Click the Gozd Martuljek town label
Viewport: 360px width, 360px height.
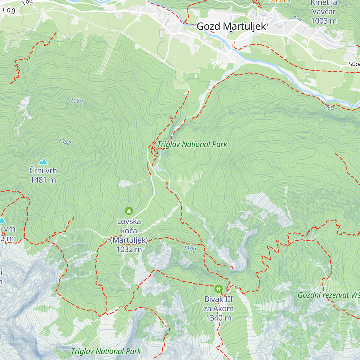coord(231,26)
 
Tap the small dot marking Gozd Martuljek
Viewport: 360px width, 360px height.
coord(231,32)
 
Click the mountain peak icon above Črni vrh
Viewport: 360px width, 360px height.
coord(43,162)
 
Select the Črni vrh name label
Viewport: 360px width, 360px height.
coord(43,171)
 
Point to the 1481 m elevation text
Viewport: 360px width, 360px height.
coord(43,180)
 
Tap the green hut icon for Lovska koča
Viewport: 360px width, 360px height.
coord(129,211)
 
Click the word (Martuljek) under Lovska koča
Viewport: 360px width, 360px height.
coord(129,240)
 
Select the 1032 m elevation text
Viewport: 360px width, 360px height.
coord(129,249)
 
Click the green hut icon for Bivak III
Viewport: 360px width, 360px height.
coord(218,289)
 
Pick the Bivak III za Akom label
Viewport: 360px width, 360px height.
coord(218,304)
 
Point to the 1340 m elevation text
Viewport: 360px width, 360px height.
coord(218,318)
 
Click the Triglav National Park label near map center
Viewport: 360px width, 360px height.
coord(192,144)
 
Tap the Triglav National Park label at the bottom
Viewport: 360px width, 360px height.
coord(106,351)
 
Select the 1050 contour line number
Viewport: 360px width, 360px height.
coord(76,101)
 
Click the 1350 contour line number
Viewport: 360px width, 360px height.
coord(64,142)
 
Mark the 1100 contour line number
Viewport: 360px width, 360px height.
coord(190,249)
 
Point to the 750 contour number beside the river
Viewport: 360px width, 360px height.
coord(329,108)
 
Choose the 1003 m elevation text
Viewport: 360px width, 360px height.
coord(324,21)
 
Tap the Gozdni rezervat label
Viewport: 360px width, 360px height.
coord(328,295)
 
